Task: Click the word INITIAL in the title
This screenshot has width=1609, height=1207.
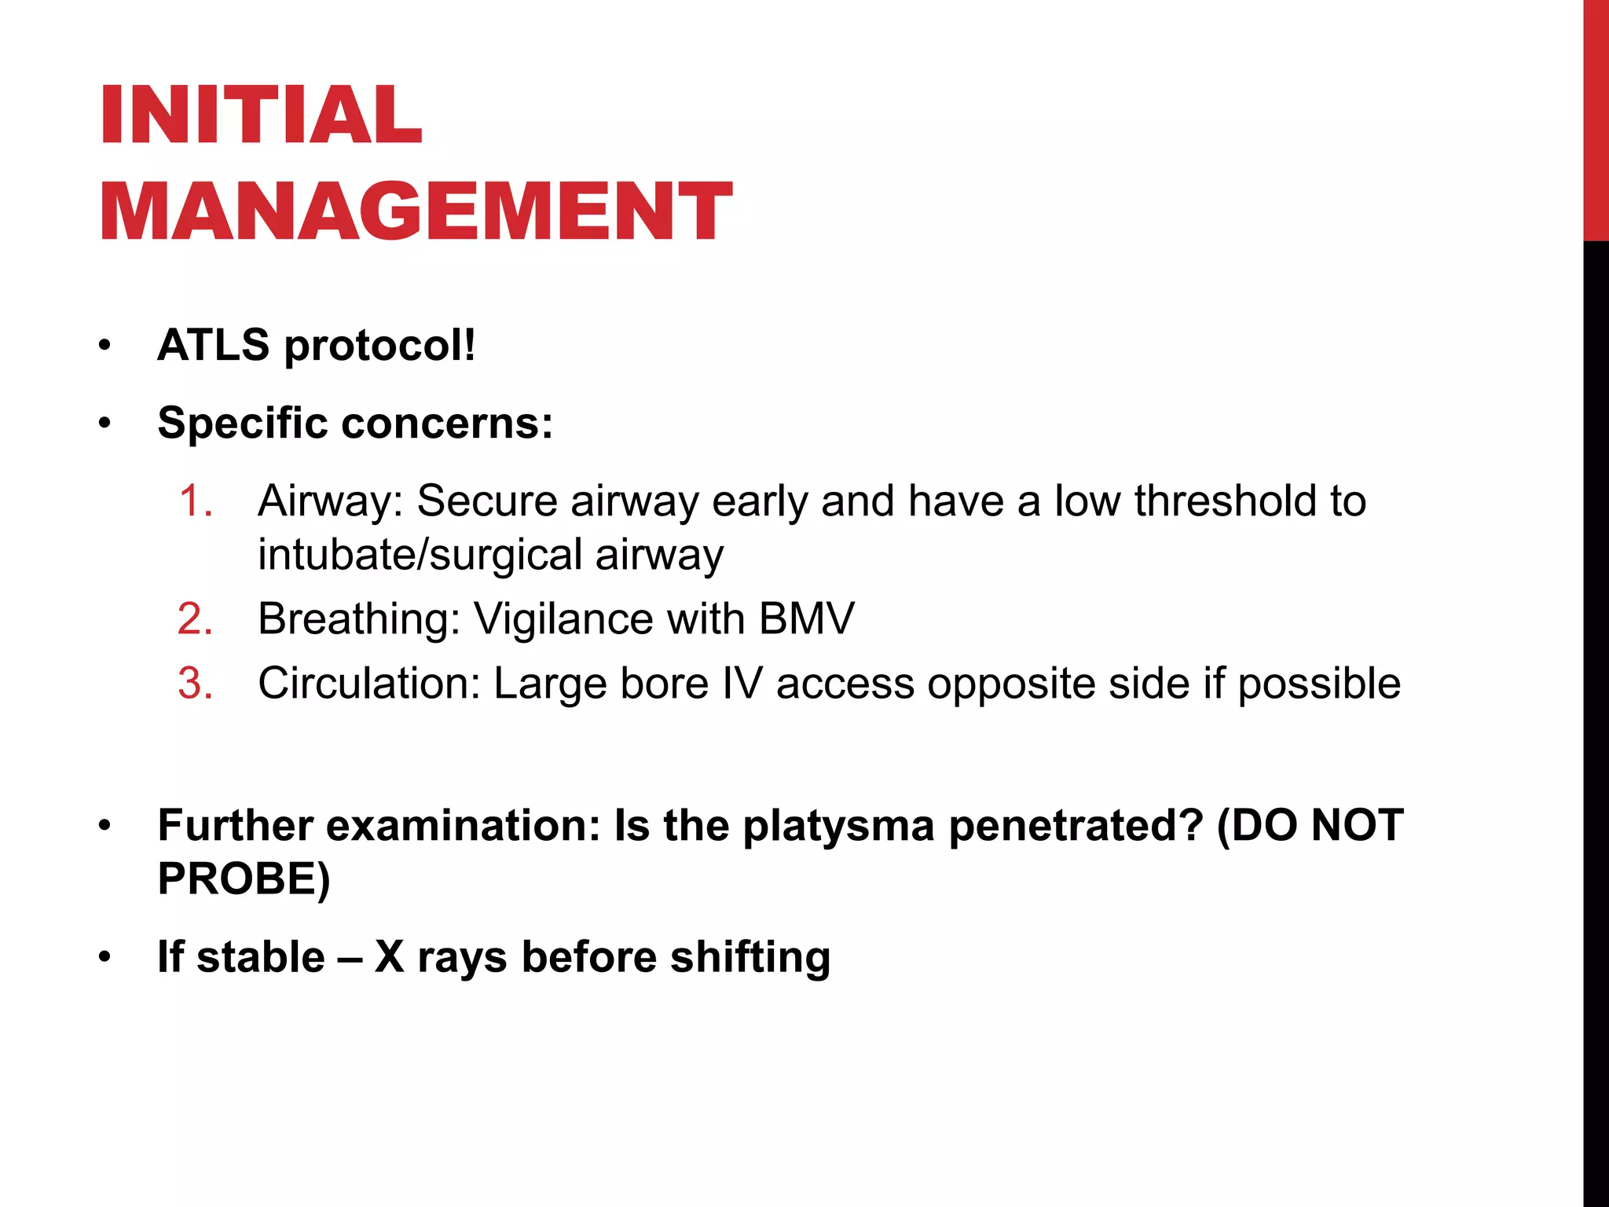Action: coord(261,116)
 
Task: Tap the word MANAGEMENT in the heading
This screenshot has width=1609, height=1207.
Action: coord(416,211)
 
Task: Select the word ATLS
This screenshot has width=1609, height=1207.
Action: coord(213,345)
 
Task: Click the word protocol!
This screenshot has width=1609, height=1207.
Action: coord(380,347)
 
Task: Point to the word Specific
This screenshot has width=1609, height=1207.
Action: coord(243,424)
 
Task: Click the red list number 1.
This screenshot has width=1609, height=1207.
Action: coord(196,501)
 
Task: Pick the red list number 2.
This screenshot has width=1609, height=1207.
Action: coord(196,619)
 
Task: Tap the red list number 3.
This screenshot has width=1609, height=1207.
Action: coord(196,684)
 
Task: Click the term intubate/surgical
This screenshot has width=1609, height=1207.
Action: coord(420,556)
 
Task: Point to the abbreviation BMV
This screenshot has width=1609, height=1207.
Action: coord(806,619)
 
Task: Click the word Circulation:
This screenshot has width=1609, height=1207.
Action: coord(369,684)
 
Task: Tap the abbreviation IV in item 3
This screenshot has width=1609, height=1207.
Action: coord(742,684)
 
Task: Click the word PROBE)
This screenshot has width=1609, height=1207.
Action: coord(244,879)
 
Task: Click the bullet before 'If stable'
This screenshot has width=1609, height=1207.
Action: coord(105,958)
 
